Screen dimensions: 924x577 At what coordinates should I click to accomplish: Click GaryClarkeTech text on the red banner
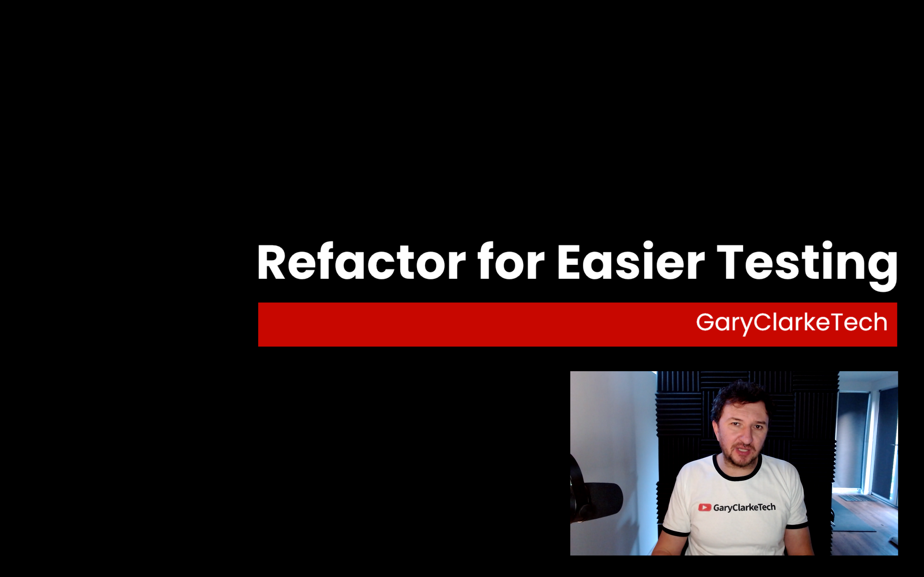(x=791, y=323)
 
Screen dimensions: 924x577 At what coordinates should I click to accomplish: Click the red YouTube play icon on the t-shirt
(x=705, y=507)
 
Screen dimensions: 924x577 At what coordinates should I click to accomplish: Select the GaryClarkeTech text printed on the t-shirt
(x=744, y=507)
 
